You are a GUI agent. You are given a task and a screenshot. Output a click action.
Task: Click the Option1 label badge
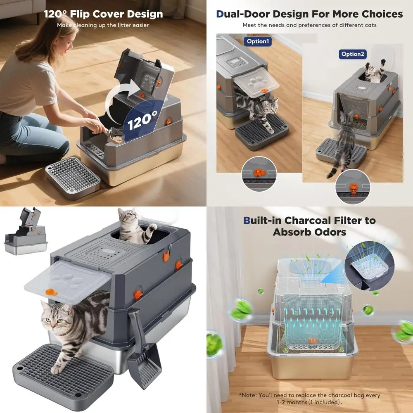(x=257, y=41)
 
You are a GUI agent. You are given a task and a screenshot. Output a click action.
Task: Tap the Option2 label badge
(x=353, y=54)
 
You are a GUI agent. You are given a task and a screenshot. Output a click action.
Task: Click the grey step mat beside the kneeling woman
(x=73, y=178)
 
